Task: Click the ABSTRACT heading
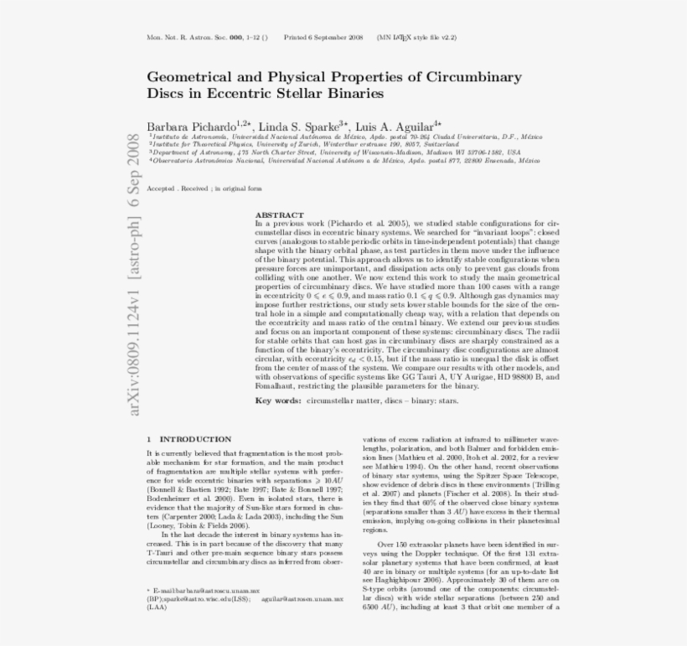click(279, 215)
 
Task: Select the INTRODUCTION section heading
click(195, 439)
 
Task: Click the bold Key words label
click(278, 401)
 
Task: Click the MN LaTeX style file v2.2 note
click(416, 38)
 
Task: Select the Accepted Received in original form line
click(204, 189)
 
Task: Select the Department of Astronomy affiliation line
click(335, 152)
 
